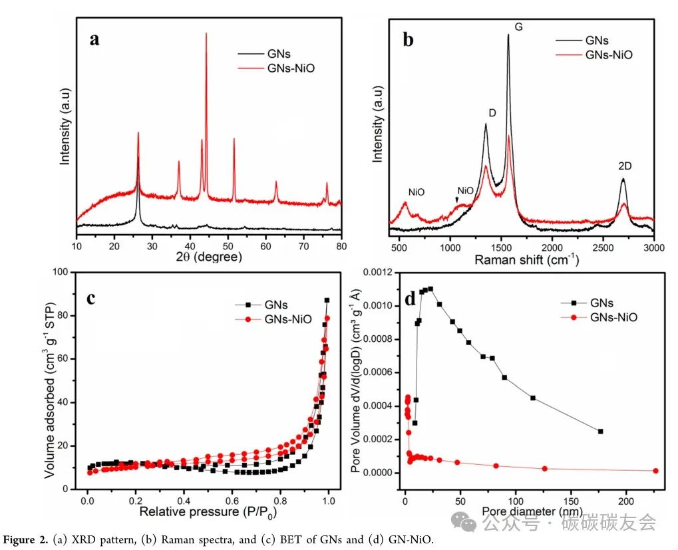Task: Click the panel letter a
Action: [96, 39]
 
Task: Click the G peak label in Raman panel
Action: [519, 26]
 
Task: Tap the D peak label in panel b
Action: [492, 113]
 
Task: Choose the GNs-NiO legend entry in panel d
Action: [613, 317]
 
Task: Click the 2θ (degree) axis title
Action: [208, 257]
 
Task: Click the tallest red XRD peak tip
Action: [206, 33]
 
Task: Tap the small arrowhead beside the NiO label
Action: [456, 200]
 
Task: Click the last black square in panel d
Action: [601, 431]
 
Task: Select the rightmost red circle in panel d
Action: [655, 471]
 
